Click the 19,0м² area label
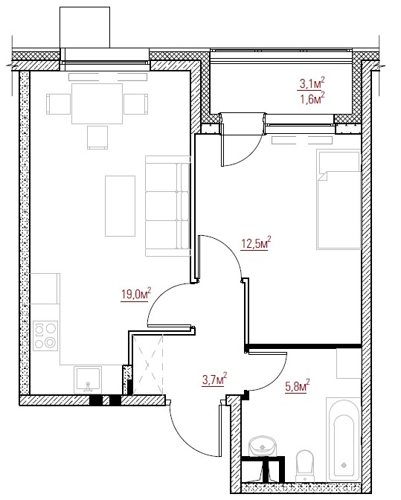136,294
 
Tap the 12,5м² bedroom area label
256,243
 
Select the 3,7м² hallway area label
214,379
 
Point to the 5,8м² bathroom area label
298,386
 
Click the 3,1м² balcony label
312,83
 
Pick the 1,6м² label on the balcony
312,98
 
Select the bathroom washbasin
263,446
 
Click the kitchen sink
88,379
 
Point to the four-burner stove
45,336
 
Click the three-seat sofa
167,205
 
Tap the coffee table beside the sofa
121,206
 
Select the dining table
97,103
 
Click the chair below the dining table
97,138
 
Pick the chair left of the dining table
58,104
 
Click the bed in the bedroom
339,199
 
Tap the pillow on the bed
339,161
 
